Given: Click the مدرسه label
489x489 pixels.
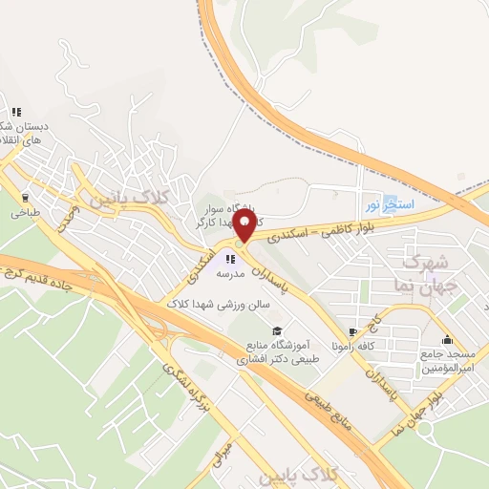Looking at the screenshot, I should click(x=230, y=273).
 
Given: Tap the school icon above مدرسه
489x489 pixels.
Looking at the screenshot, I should click(x=230, y=258).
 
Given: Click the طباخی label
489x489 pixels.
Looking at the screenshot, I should click(x=25, y=214).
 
